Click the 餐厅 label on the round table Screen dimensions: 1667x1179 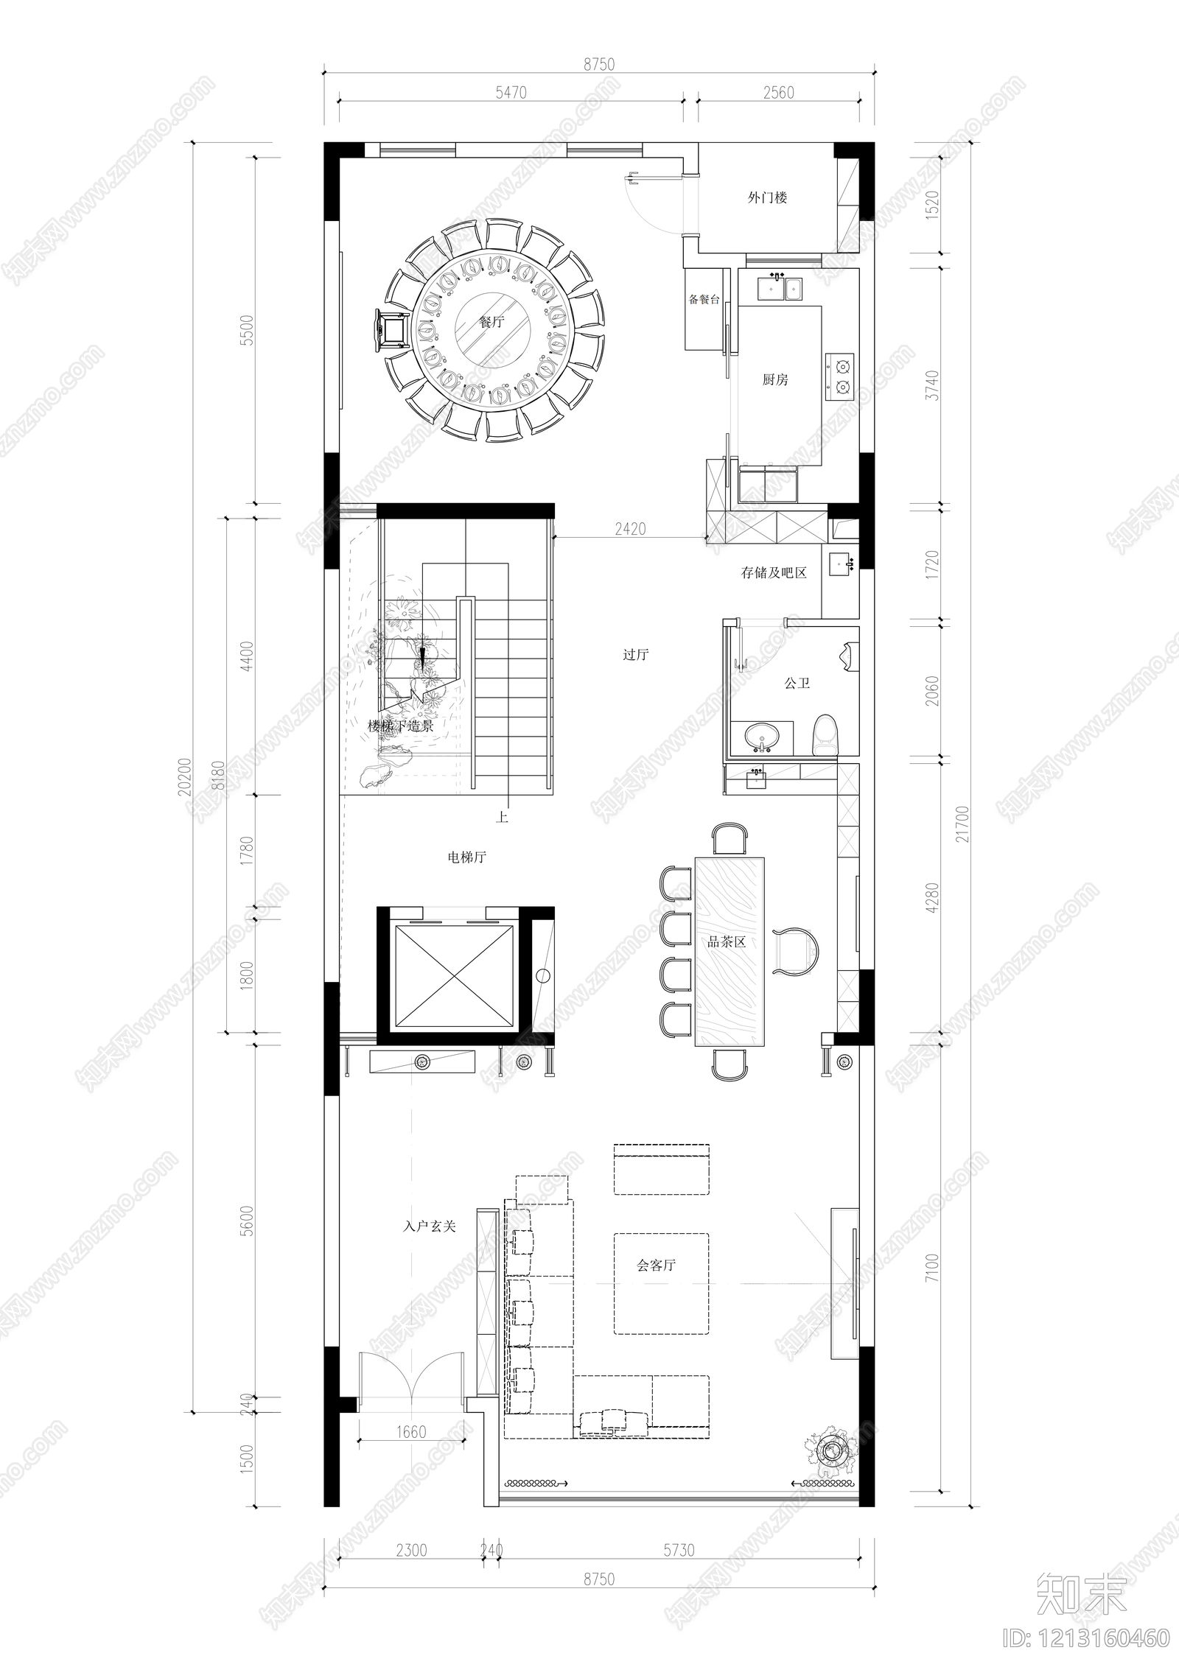pos(491,322)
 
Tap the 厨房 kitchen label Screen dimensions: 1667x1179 pos(775,379)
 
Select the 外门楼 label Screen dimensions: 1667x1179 pos(768,197)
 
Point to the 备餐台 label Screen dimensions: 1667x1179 pos(704,300)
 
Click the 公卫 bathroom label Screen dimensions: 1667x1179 pos(797,683)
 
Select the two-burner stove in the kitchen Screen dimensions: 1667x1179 pos(841,376)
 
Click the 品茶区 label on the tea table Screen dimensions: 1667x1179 pos(727,941)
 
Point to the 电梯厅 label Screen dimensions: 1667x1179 pos(467,857)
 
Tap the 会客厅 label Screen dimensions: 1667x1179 pos(656,1266)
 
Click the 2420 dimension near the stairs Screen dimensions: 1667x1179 pos(631,528)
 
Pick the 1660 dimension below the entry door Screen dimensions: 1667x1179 pos(411,1432)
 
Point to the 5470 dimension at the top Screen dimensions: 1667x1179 pos(511,92)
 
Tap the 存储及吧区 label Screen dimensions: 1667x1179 pos(774,572)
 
